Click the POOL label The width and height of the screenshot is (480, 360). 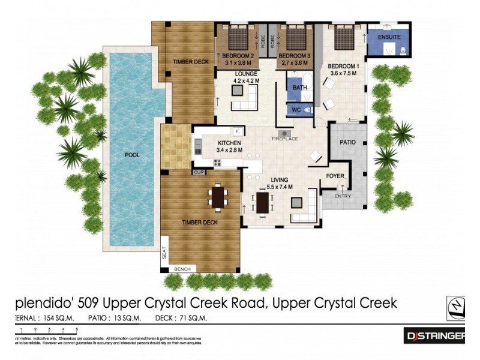(132, 155)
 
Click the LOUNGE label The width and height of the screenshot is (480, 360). (245, 73)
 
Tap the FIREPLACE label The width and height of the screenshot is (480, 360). (284, 139)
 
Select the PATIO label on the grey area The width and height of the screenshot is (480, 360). (348, 143)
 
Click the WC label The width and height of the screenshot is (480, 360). (296, 109)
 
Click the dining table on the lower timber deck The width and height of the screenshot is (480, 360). (217, 197)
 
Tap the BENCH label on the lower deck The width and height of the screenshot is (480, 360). (182, 269)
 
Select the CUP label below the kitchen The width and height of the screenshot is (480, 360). (198, 173)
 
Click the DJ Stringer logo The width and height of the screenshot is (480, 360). (443, 337)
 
